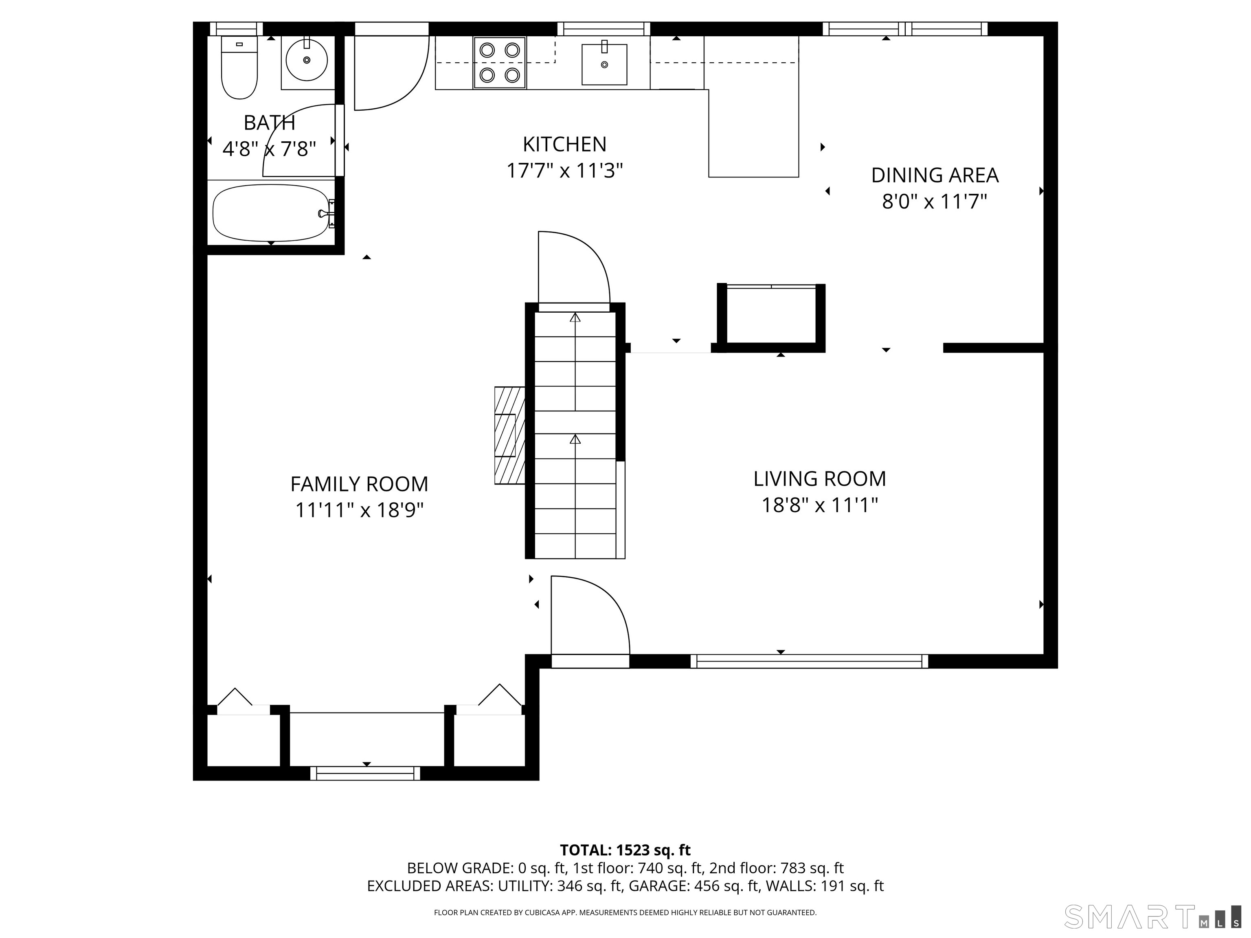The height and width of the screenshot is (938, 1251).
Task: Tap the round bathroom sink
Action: (307, 60)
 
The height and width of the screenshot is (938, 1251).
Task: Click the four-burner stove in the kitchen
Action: (499, 63)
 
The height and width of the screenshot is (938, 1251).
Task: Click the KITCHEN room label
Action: (564, 145)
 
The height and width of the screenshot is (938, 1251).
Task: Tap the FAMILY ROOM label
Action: (359, 484)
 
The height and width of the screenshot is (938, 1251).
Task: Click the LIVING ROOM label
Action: (819, 479)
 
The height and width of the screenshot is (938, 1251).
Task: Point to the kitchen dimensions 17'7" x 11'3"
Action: (564, 170)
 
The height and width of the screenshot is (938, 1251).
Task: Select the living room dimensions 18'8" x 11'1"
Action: (819, 505)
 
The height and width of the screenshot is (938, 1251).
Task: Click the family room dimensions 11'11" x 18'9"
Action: (359, 510)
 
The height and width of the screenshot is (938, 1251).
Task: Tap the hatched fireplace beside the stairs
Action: (509, 435)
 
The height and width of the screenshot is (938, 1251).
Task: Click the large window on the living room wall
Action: (809, 661)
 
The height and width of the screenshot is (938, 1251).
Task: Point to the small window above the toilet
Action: (237, 29)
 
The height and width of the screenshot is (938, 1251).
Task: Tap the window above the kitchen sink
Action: (604, 29)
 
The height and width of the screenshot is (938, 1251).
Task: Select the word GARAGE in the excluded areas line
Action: (658, 885)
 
